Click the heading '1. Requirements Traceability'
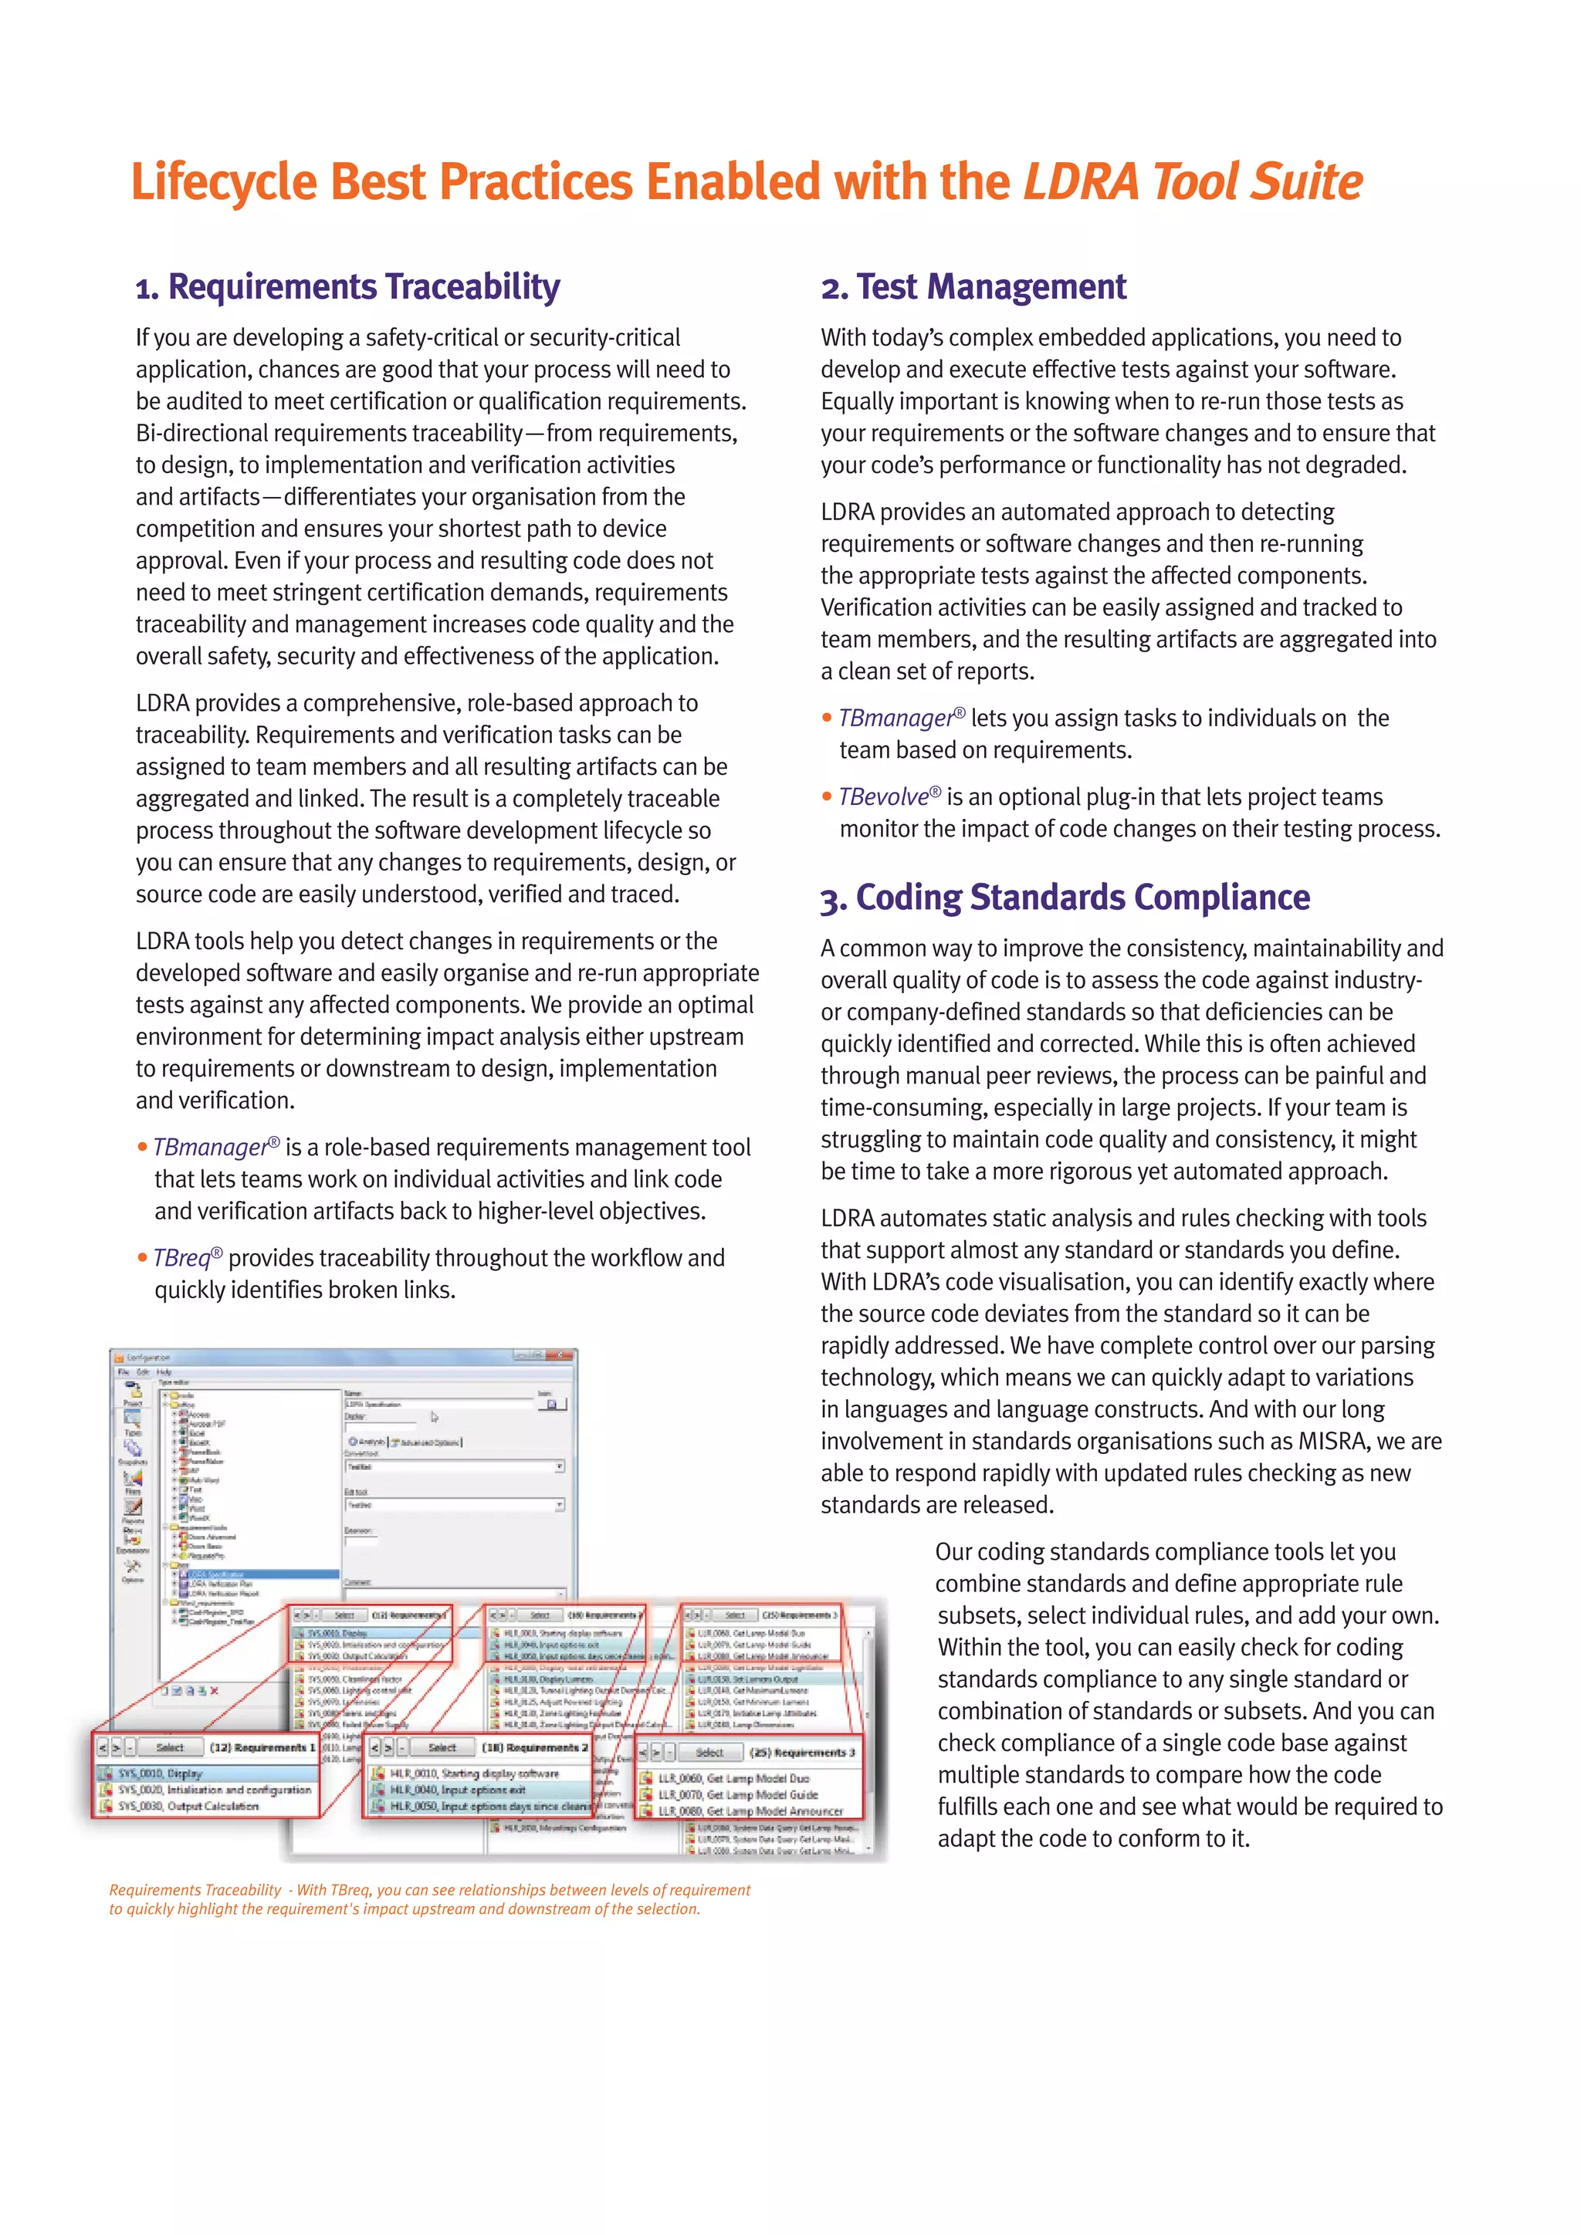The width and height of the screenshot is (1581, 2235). (x=347, y=287)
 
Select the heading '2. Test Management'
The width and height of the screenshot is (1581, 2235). (x=973, y=287)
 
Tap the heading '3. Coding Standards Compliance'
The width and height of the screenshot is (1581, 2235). (x=1065, y=898)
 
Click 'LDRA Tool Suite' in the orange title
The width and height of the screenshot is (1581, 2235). (x=1192, y=182)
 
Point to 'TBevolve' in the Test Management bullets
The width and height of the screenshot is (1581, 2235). (x=883, y=797)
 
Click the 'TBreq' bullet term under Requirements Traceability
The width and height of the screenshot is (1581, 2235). (x=181, y=1258)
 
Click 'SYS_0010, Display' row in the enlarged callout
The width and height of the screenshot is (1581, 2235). (x=161, y=1773)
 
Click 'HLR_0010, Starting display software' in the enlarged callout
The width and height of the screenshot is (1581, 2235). (x=474, y=1773)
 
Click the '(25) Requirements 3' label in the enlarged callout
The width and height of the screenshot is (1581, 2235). (x=802, y=1752)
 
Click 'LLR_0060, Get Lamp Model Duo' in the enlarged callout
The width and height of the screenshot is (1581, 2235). (x=733, y=1777)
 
